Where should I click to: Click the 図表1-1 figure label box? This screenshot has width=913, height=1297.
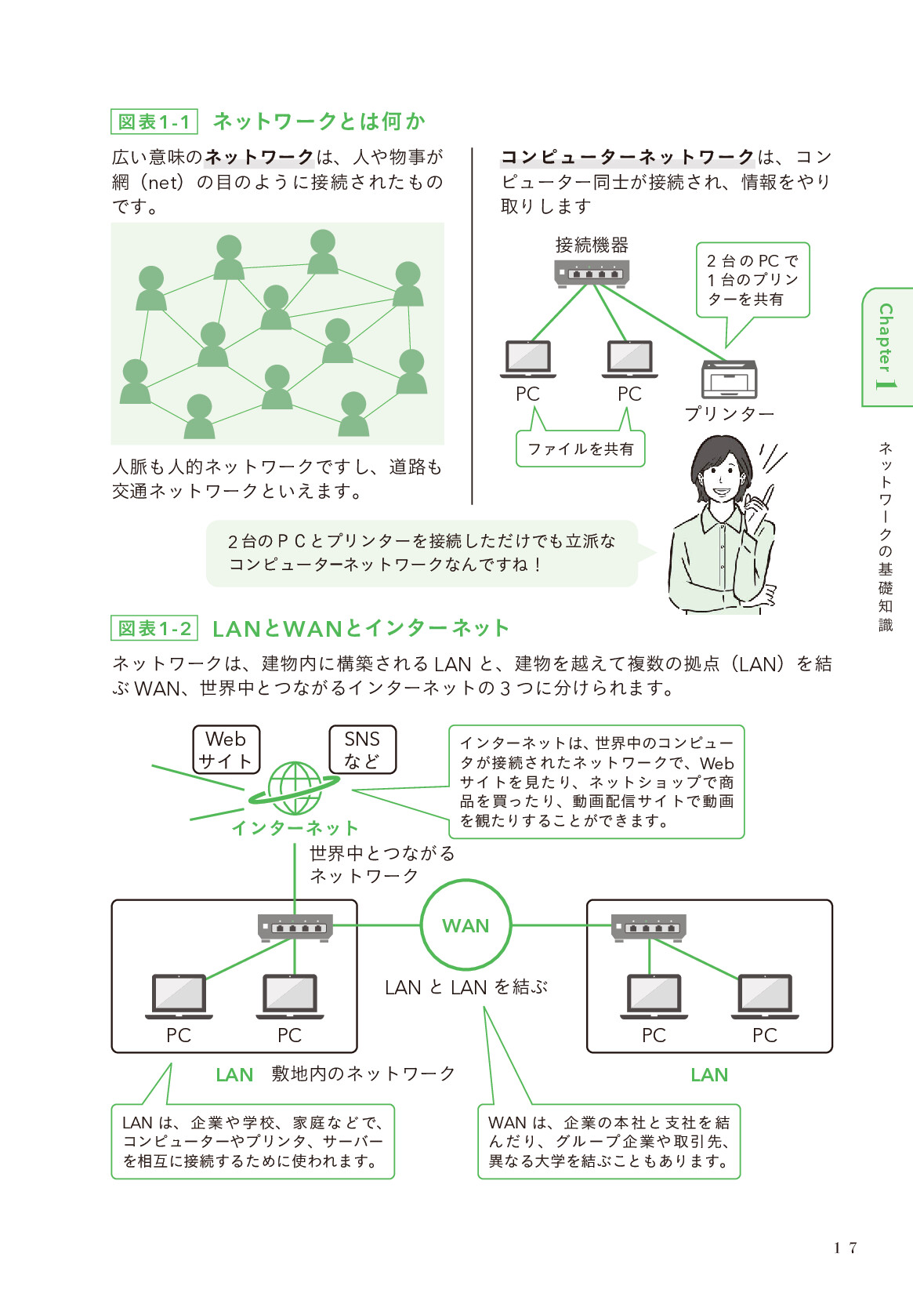154,122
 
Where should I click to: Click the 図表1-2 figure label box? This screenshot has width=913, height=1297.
154,628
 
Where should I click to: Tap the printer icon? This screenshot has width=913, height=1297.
730,380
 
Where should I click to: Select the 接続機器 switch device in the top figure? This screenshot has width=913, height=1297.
592,273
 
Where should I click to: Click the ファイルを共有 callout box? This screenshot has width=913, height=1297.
580,449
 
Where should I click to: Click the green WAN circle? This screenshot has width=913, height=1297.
466,925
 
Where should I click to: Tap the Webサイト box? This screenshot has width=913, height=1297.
226,750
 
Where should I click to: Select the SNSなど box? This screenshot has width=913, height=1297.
362,750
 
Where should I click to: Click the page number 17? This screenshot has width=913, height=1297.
846,1248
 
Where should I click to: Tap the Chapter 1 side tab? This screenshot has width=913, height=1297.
886,347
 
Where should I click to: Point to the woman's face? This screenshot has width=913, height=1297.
719,474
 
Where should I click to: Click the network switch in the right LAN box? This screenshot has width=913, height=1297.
649,926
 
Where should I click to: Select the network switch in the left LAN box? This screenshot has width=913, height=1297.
295,927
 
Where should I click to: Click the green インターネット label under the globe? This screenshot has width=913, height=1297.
295,828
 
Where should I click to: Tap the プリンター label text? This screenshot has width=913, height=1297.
729,413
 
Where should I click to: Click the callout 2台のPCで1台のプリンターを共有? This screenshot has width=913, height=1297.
752,280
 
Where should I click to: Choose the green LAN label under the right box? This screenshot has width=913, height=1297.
709,1075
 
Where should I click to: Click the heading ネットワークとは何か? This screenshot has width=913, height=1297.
319,122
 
